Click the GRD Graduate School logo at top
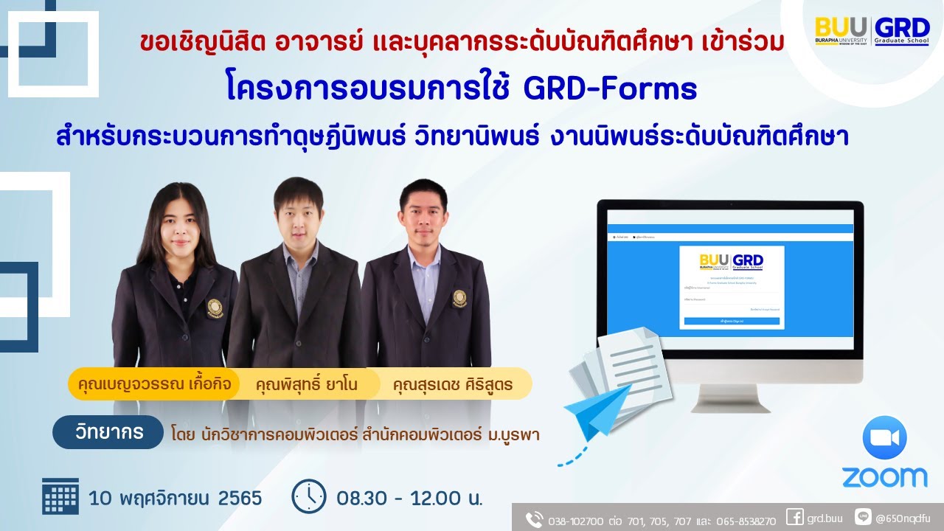[901, 31]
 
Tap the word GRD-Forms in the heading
[610, 89]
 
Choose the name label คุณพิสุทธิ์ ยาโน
[307, 383]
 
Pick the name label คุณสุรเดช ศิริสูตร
[452, 383]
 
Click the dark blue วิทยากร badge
[108, 432]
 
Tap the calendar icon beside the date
[60, 497]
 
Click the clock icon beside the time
[308, 497]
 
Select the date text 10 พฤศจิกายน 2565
[176, 499]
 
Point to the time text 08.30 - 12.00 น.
[409, 499]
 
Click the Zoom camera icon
[884, 438]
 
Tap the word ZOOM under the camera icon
[884, 477]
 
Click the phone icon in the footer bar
[534, 519]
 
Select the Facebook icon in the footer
[794, 518]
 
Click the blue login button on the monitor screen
[731, 322]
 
